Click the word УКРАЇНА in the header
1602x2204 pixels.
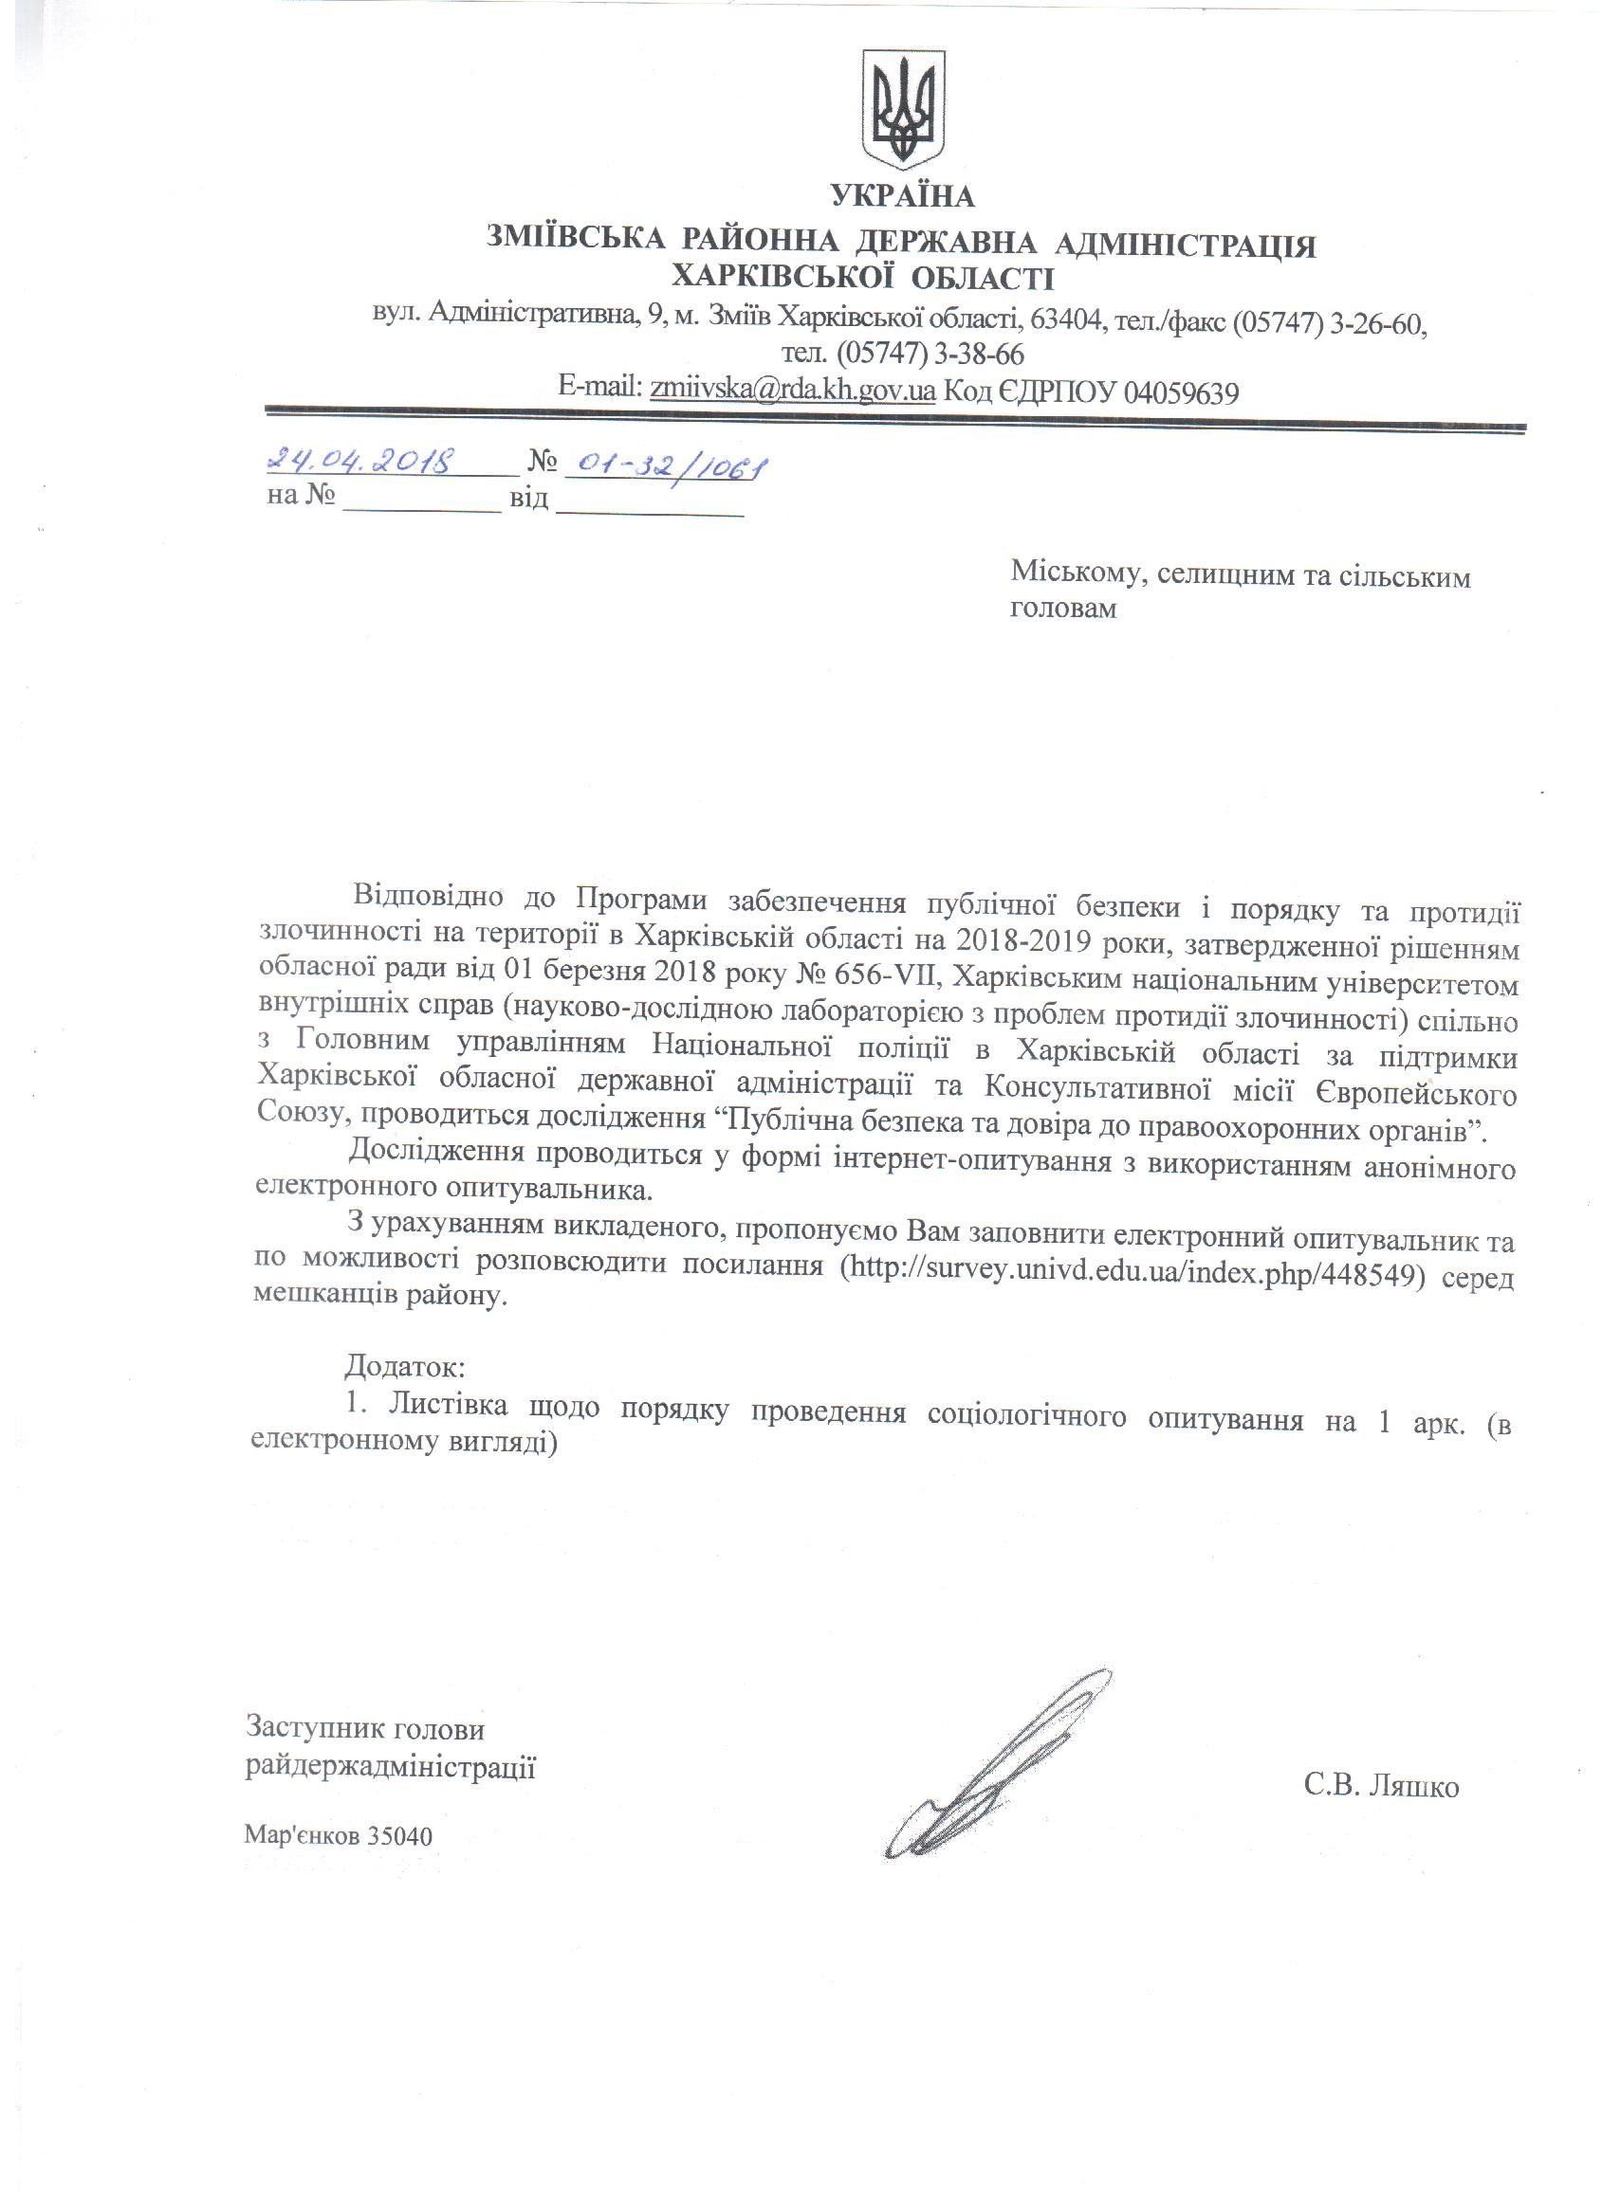tap(902, 197)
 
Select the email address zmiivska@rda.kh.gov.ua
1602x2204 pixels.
tap(792, 391)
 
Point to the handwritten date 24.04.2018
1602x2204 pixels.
tap(361, 460)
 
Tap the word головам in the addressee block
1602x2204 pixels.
tap(1063, 610)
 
